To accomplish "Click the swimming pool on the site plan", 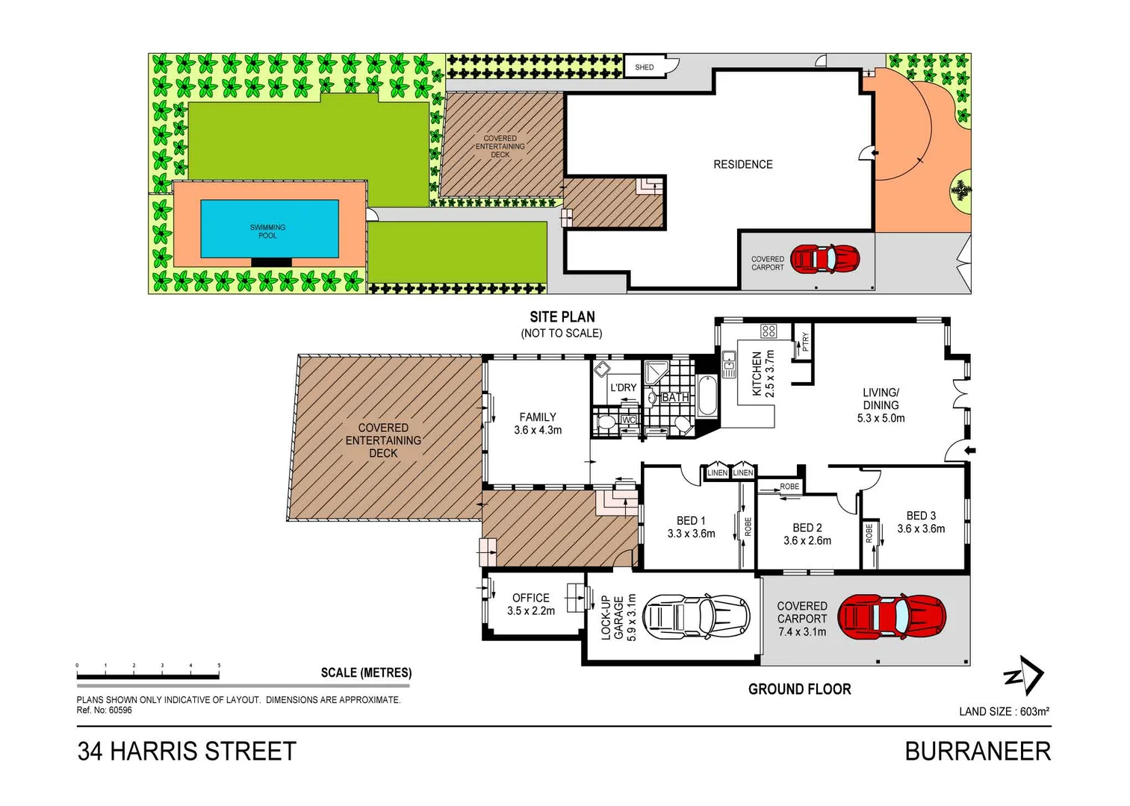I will pos(269,229).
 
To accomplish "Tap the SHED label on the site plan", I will pos(644,67).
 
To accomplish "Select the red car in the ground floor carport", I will pos(892,617).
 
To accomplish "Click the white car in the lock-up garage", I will pos(695,617).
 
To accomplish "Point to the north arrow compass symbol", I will pos(1023,675).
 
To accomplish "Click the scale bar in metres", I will pos(148,676).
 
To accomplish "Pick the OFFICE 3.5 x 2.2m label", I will pos(530,604).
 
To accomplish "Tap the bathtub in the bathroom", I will pos(707,396).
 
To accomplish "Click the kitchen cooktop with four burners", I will pos(769,331).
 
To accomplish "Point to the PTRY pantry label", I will pos(804,342).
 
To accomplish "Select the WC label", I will pos(629,420).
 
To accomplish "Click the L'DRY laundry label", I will pos(623,387).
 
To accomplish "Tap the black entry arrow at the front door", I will pos(970,450).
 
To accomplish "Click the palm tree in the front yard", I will pos(960,191).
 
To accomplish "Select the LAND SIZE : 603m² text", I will pos(1004,711).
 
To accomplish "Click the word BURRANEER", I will pos(977,751).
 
